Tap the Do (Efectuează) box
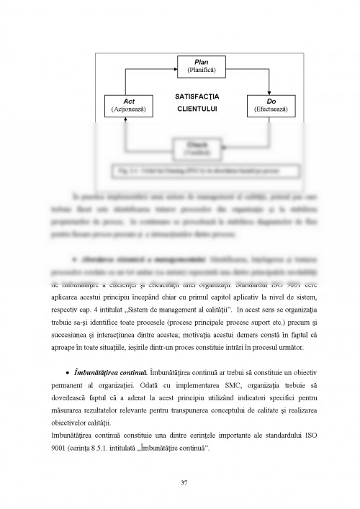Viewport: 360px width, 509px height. (x=271, y=104)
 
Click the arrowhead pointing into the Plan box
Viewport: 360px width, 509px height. (x=174, y=67)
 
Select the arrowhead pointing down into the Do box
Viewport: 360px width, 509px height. (x=271, y=90)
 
